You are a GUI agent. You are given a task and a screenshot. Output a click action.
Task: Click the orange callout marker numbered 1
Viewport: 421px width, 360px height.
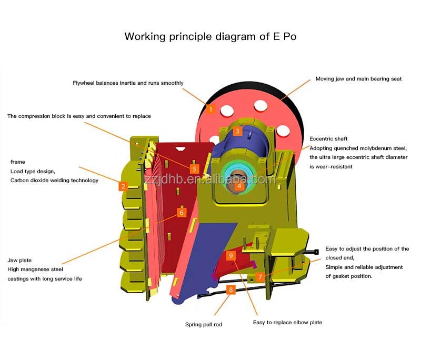click(211, 109)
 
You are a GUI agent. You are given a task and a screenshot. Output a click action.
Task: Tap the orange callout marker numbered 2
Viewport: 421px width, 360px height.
click(123, 186)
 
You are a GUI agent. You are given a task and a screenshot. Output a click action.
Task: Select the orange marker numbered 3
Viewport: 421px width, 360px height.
click(237, 131)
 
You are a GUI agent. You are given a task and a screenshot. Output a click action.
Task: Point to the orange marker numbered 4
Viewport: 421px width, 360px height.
click(239, 185)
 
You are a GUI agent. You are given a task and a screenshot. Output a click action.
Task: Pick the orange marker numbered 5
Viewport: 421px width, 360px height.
click(194, 169)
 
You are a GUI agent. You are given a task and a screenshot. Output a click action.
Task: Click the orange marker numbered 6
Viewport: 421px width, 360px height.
click(182, 213)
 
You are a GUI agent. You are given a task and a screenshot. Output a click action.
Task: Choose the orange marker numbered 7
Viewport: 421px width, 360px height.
click(260, 277)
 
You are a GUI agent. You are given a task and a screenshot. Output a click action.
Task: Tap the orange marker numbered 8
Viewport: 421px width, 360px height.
click(231, 290)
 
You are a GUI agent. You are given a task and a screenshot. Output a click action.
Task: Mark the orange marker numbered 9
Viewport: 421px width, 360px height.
click(231, 256)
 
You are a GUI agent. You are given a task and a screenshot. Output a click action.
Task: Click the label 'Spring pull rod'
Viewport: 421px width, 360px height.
click(204, 325)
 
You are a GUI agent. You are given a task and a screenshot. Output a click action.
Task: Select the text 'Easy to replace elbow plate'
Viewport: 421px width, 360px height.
click(287, 323)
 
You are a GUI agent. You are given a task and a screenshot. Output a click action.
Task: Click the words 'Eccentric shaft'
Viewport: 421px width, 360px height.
click(328, 139)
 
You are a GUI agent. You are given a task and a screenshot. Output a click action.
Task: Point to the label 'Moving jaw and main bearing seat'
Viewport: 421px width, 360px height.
click(358, 79)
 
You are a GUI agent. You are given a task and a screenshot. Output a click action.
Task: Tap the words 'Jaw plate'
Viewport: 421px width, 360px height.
click(19, 261)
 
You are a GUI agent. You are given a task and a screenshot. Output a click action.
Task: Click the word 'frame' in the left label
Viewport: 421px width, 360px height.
click(18, 162)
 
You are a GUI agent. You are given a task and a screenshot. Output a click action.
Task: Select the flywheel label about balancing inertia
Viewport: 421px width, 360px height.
click(128, 83)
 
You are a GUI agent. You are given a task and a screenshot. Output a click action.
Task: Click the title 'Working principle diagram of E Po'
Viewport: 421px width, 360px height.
click(210, 36)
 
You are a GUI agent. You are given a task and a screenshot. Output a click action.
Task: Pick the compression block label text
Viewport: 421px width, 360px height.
click(79, 116)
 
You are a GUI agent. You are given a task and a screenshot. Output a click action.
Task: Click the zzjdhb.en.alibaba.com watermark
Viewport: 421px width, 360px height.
click(209, 179)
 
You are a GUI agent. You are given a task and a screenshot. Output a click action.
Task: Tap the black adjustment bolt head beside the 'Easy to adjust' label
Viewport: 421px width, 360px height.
click(316, 252)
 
